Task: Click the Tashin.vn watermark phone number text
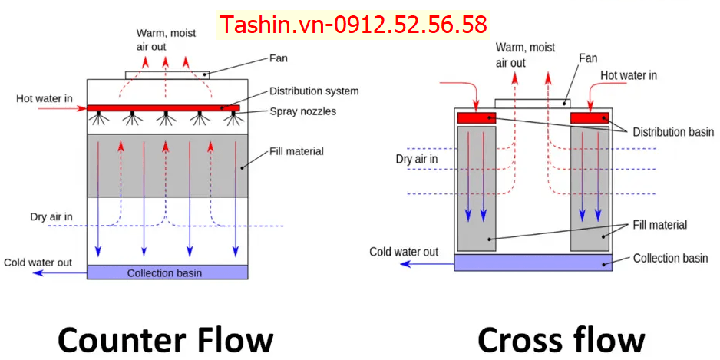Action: tap(354, 25)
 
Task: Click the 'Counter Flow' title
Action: tap(165, 339)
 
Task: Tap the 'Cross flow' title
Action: tap(561, 339)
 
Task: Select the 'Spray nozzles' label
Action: tap(302, 111)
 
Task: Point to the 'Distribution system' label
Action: tap(314, 91)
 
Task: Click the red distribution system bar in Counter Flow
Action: tap(163, 107)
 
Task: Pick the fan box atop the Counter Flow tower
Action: tap(168, 74)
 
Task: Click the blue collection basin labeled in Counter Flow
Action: tap(167, 272)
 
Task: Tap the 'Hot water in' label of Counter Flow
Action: tap(45, 99)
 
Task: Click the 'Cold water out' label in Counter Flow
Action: tap(38, 263)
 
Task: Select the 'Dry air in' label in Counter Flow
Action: tap(51, 217)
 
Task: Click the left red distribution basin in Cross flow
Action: tap(477, 118)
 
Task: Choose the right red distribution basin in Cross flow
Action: tap(590, 118)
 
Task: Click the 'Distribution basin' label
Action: tap(673, 132)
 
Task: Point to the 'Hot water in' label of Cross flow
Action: tap(628, 75)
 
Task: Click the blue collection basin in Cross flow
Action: tap(533, 263)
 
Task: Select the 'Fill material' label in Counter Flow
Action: tap(296, 151)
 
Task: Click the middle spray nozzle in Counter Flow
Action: tap(163, 118)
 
